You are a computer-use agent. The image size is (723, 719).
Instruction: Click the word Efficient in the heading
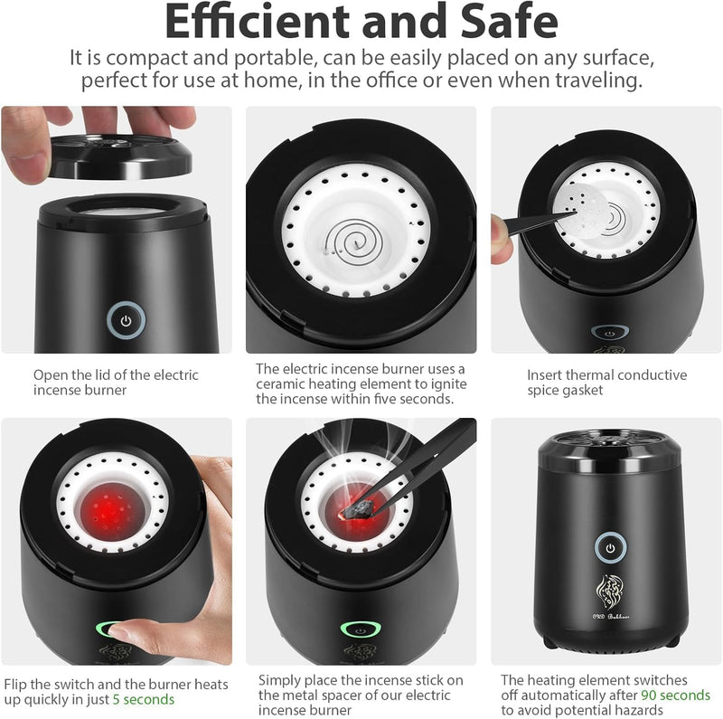[257, 22]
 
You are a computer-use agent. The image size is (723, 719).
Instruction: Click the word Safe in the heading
[509, 22]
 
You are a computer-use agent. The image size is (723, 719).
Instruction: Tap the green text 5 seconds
[144, 700]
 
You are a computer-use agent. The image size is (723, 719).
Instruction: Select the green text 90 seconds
[675, 695]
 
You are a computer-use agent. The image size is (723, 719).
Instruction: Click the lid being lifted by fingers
[121, 156]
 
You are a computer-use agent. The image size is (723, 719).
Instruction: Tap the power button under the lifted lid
[126, 320]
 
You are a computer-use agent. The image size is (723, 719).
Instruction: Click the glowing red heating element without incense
[110, 511]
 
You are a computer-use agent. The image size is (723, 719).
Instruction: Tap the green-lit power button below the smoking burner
[361, 629]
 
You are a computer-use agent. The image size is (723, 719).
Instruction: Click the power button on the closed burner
[610, 548]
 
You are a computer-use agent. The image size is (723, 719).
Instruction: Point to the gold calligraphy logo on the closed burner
[610, 592]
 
